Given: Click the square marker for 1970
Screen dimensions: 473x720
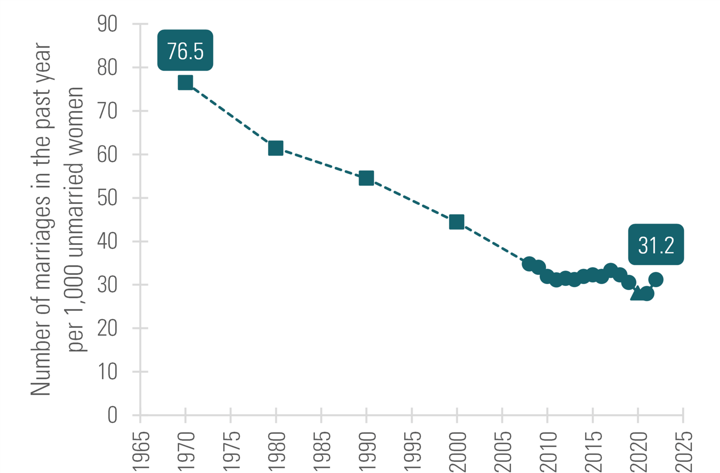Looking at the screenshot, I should tap(185, 82).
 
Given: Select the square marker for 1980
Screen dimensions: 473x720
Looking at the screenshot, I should tap(276, 148).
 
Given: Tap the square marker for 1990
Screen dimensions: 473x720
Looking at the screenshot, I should tap(366, 178).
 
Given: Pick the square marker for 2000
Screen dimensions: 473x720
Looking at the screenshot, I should tap(456, 222).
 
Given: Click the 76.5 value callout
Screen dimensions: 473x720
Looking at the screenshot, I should tap(185, 51).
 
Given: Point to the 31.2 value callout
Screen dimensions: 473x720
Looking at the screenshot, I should tap(656, 245).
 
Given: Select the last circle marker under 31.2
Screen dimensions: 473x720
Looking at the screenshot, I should tap(656, 279).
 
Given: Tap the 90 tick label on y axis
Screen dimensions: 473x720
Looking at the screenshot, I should tap(107, 24).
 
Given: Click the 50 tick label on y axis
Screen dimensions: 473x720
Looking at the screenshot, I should tap(107, 198).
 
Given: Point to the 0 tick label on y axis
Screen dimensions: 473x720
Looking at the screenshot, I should tap(112, 415).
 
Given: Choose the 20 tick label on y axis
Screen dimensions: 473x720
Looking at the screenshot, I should tap(107, 328).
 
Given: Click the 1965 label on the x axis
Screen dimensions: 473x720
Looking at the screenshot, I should tap(141, 451).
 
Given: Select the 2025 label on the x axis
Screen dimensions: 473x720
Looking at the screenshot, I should tap(684, 451).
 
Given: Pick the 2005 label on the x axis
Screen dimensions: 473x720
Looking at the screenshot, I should tap(503, 451).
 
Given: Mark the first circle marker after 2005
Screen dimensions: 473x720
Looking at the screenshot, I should tap(529, 264).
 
